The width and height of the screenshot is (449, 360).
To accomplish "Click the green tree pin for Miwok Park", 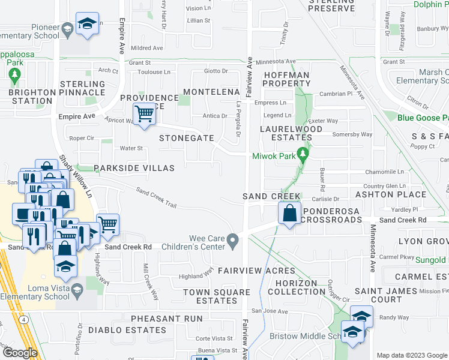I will [303, 155].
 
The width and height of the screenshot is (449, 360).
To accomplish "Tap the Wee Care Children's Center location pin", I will [233, 242].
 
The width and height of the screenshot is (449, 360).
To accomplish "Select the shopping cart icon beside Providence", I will [144, 113].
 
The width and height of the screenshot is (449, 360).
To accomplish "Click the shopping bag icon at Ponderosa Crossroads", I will [290, 212].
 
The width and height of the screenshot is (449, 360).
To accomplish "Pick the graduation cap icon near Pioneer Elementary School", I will [88, 25].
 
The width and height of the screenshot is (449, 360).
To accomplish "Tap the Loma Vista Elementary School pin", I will [77, 291].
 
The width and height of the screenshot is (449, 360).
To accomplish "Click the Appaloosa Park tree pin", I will [14, 76].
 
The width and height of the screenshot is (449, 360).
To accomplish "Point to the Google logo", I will [20, 353].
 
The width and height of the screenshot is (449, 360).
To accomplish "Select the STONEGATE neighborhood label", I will [186, 138].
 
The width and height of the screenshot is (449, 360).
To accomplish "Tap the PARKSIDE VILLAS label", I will [134, 169].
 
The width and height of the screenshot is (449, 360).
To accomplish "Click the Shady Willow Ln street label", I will [76, 178].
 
